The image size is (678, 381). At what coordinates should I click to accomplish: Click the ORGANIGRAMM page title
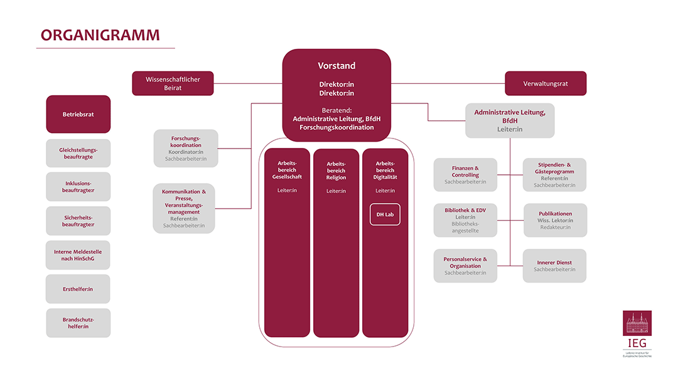pyautogui.click(x=100, y=34)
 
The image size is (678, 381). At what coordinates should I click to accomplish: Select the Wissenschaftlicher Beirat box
pyautogui.click(x=173, y=83)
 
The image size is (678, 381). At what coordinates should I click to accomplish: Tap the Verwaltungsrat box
pyautogui.click(x=546, y=83)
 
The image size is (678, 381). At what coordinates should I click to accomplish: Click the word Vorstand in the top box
pyautogui.click(x=336, y=66)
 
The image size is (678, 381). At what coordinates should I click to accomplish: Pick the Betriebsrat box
pyautogui.click(x=78, y=114)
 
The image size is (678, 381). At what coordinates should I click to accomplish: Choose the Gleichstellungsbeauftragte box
pyautogui.click(x=78, y=154)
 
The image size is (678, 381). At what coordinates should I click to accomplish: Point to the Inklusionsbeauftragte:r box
pyautogui.click(x=78, y=187)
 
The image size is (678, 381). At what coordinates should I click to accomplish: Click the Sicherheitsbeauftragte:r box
pyautogui.click(x=78, y=221)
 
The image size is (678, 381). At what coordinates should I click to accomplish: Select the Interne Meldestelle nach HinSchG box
pyautogui.click(x=78, y=255)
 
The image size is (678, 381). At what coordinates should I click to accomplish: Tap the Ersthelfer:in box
pyautogui.click(x=78, y=289)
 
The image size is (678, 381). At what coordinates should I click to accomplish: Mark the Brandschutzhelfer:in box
pyautogui.click(x=78, y=323)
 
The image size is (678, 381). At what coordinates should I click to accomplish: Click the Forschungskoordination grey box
pyautogui.click(x=186, y=149)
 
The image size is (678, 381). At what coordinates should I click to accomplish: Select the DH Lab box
pyautogui.click(x=385, y=215)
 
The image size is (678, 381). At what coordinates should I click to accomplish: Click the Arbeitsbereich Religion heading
pyautogui.click(x=336, y=170)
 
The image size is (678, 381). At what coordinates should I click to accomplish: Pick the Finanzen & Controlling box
pyautogui.click(x=465, y=175)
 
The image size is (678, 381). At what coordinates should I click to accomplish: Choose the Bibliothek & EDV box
pyautogui.click(x=465, y=220)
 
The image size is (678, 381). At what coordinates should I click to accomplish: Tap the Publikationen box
pyautogui.click(x=555, y=220)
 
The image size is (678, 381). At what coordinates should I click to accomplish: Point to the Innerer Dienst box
pyautogui.click(x=554, y=266)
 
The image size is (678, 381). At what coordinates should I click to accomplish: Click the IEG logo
pyautogui.click(x=637, y=332)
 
